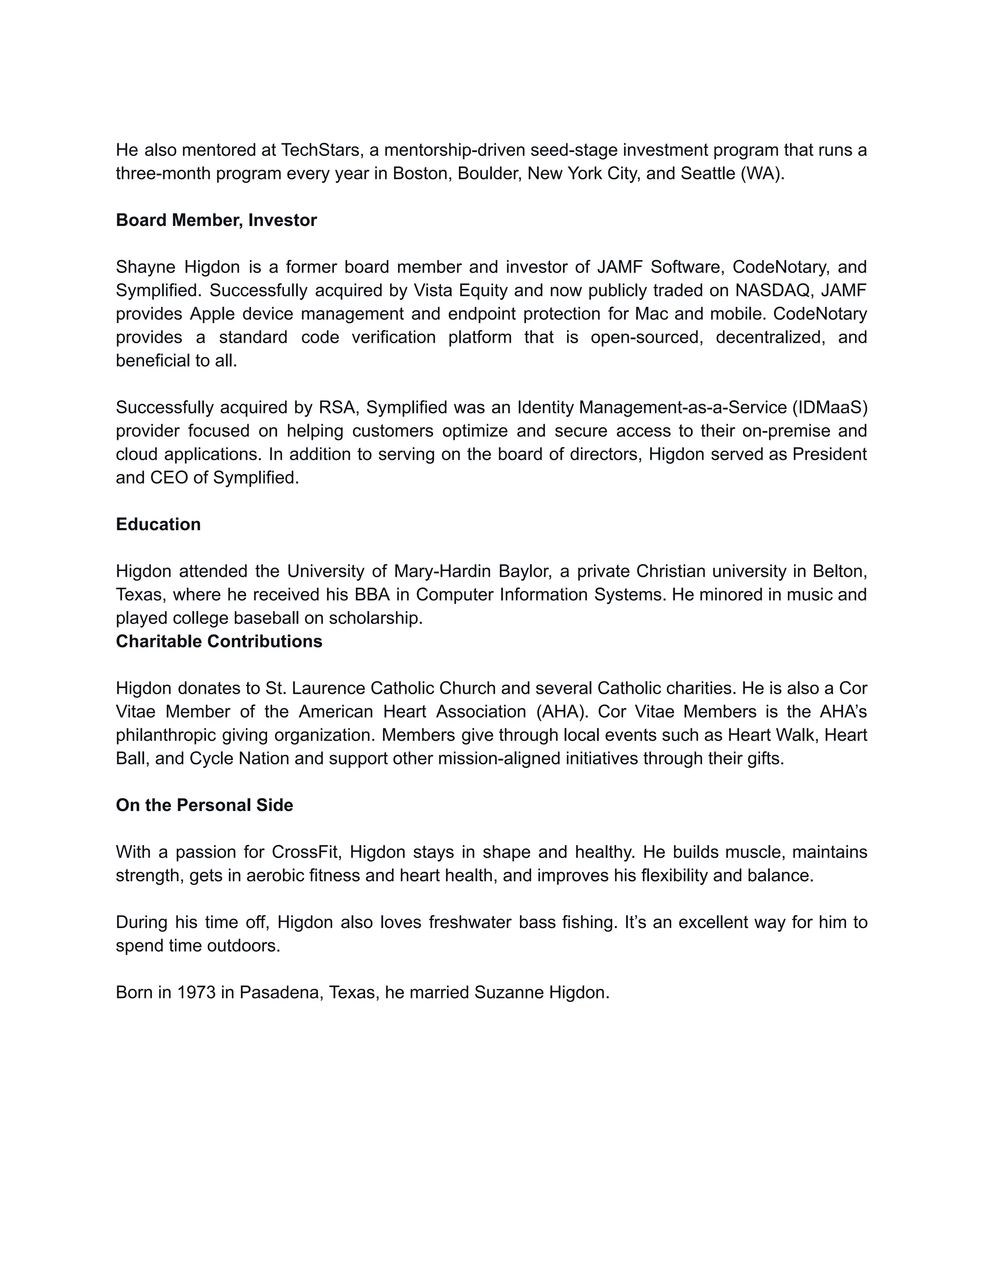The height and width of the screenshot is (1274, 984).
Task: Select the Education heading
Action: click(x=158, y=524)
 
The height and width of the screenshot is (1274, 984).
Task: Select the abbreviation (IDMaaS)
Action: click(x=829, y=407)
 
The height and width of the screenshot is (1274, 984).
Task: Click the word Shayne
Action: click(x=145, y=267)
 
